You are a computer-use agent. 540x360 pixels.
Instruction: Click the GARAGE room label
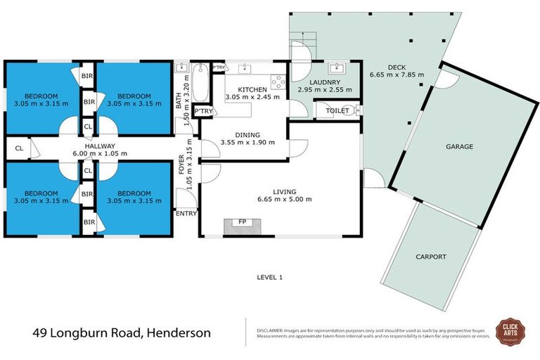coord(458,147)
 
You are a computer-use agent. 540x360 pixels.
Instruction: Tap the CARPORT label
coord(431,257)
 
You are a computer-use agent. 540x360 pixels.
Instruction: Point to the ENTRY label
coord(186,214)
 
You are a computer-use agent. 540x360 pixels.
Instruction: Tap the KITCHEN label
coord(252,89)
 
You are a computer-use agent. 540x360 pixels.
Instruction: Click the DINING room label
coord(247,134)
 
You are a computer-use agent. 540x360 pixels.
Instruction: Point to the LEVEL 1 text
coord(269,277)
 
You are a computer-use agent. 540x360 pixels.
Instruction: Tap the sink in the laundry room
coord(336,69)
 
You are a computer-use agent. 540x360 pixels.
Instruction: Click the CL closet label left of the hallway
coord(18,148)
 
